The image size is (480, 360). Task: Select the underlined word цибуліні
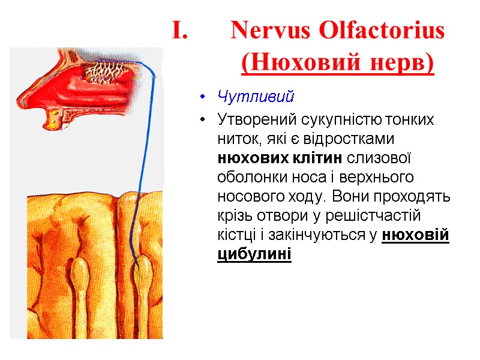[254, 254]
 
